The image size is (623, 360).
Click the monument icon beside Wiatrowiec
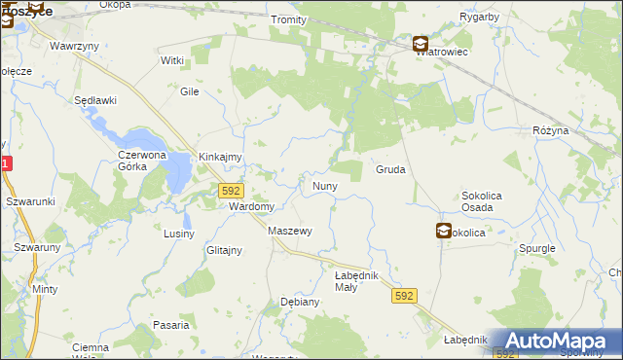point(420,44)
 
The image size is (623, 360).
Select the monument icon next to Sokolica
point(444,231)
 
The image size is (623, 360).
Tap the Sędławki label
point(95,100)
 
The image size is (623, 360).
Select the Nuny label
point(324,185)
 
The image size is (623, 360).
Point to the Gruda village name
point(390,169)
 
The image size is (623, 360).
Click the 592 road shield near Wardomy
point(231,191)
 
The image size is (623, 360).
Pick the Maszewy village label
point(289,231)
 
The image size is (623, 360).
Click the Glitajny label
point(224,250)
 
